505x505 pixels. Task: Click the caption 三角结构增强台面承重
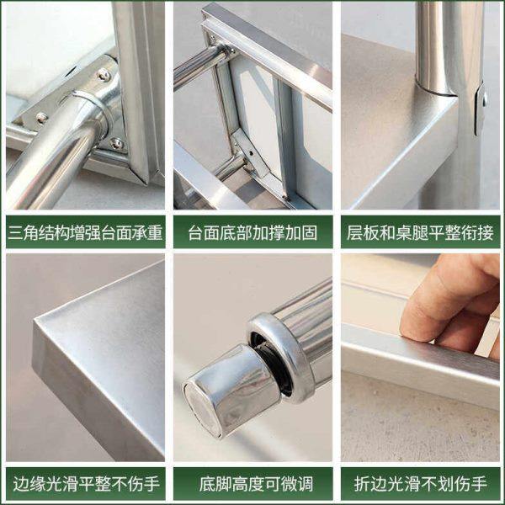[x=85, y=231]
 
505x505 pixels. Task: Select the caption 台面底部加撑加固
[x=252, y=231]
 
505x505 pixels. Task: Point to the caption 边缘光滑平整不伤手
[x=85, y=484]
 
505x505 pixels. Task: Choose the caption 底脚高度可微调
[x=252, y=484]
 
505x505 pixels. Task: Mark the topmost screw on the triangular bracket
[x=104, y=75]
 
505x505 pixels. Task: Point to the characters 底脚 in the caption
[x=212, y=484]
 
